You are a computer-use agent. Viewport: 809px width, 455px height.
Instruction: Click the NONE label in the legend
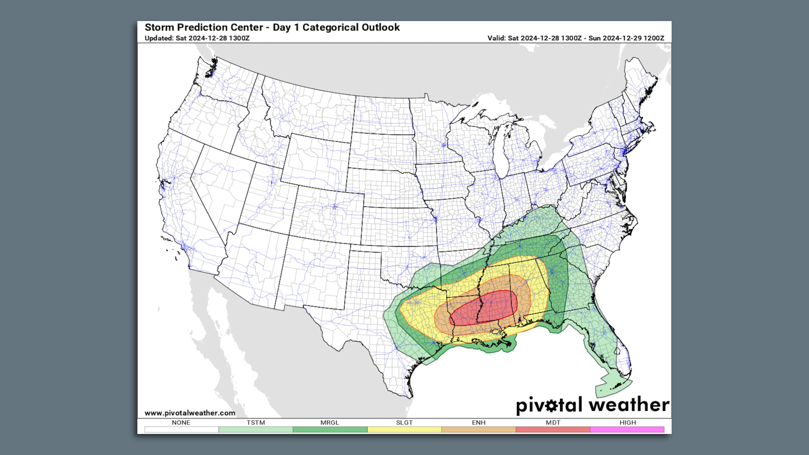[x=181, y=423]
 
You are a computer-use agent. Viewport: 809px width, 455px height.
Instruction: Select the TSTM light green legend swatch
[x=255, y=430]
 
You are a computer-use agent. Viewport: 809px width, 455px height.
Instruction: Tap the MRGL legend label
[x=329, y=423]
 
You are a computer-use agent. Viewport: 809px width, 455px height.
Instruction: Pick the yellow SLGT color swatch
[x=404, y=430]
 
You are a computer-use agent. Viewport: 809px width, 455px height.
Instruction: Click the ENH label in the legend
[x=479, y=423]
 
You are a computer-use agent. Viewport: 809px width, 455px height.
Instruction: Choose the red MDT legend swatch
[x=553, y=430]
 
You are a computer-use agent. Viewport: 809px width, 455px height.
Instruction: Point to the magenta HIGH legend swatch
[x=627, y=430]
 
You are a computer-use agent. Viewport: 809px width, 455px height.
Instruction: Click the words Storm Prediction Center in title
[x=204, y=27]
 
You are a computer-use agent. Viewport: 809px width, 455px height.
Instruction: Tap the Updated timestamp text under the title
[x=197, y=38]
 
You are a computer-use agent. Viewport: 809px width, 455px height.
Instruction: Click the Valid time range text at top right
[x=576, y=38]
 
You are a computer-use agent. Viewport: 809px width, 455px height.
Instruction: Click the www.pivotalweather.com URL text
[x=190, y=413]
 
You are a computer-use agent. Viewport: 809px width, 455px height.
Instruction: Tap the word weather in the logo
[x=629, y=405]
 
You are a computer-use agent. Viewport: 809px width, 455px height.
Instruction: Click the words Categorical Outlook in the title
[x=351, y=27]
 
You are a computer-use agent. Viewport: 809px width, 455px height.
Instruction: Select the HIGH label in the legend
[x=627, y=423]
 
